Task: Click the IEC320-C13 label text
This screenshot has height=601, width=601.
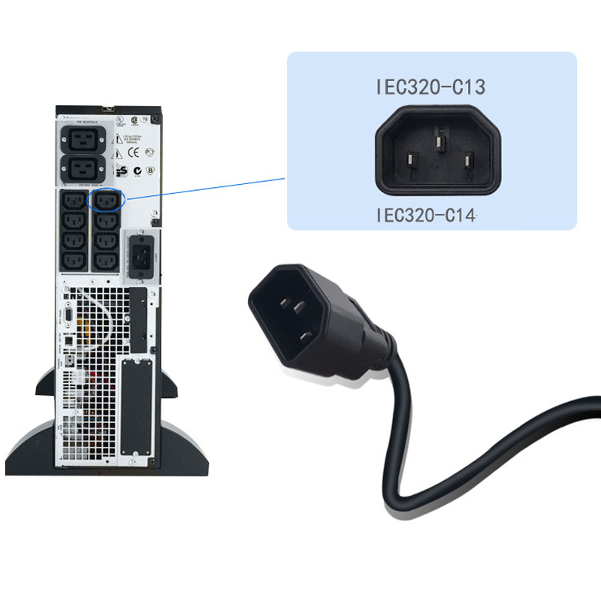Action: pyautogui.click(x=430, y=86)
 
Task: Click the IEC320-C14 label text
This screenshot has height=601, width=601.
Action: pyautogui.click(x=426, y=216)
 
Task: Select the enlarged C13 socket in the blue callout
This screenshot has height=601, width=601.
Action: pyautogui.click(x=436, y=149)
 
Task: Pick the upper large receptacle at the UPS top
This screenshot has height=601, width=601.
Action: pyautogui.click(x=84, y=137)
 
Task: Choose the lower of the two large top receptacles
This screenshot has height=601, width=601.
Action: pyautogui.click(x=84, y=168)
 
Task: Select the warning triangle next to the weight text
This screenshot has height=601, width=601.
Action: pyautogui.click(x=117, y=140)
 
